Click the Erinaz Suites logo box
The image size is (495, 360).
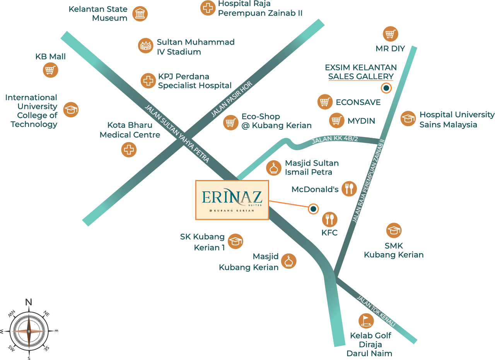(232, 200)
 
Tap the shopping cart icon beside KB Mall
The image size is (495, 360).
(50, 70)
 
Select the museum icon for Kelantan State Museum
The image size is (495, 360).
(140, 14)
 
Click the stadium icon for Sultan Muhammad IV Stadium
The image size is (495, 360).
(146, 46)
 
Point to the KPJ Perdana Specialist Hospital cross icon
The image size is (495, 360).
(148, 81)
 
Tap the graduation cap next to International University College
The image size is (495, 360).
(71, 110)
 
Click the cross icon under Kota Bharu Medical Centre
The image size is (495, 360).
(129, 149)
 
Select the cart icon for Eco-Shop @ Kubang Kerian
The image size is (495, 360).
(231, 122)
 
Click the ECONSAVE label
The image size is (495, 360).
(358, 102)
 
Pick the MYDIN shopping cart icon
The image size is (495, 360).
(337, 120)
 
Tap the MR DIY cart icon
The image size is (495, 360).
(391, 34)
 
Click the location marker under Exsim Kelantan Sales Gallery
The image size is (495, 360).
(386, 88)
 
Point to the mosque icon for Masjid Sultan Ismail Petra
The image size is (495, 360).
(274, 168)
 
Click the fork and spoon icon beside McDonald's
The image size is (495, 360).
(349, 189)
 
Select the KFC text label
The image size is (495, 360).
(329, 233)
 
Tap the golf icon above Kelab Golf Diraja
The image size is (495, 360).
(366, 321)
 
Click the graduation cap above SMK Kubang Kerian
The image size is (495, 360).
(394, 231)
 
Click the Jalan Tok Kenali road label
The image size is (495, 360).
(376, 312)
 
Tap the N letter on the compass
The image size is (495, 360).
(29, 302)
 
